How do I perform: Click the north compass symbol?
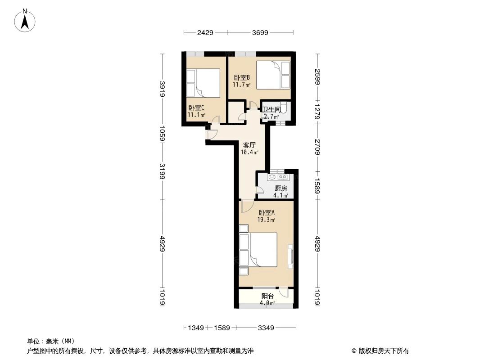(x=26, y=20)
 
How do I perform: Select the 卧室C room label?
(x=196, y=108)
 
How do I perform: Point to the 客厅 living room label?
(x=249, y=145)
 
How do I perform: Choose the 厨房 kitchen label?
(x=281, y=189)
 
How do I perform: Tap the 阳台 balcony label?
(x=268, y=296)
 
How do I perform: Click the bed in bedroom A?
(x=263, y=250)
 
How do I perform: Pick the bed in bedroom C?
(x=203, y=82)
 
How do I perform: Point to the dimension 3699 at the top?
(x=260, y=32)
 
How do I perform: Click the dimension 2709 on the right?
(x=317, y=147)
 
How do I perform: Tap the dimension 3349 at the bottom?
(x=266, y=328)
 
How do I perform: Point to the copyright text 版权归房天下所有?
(x=380, y=351)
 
